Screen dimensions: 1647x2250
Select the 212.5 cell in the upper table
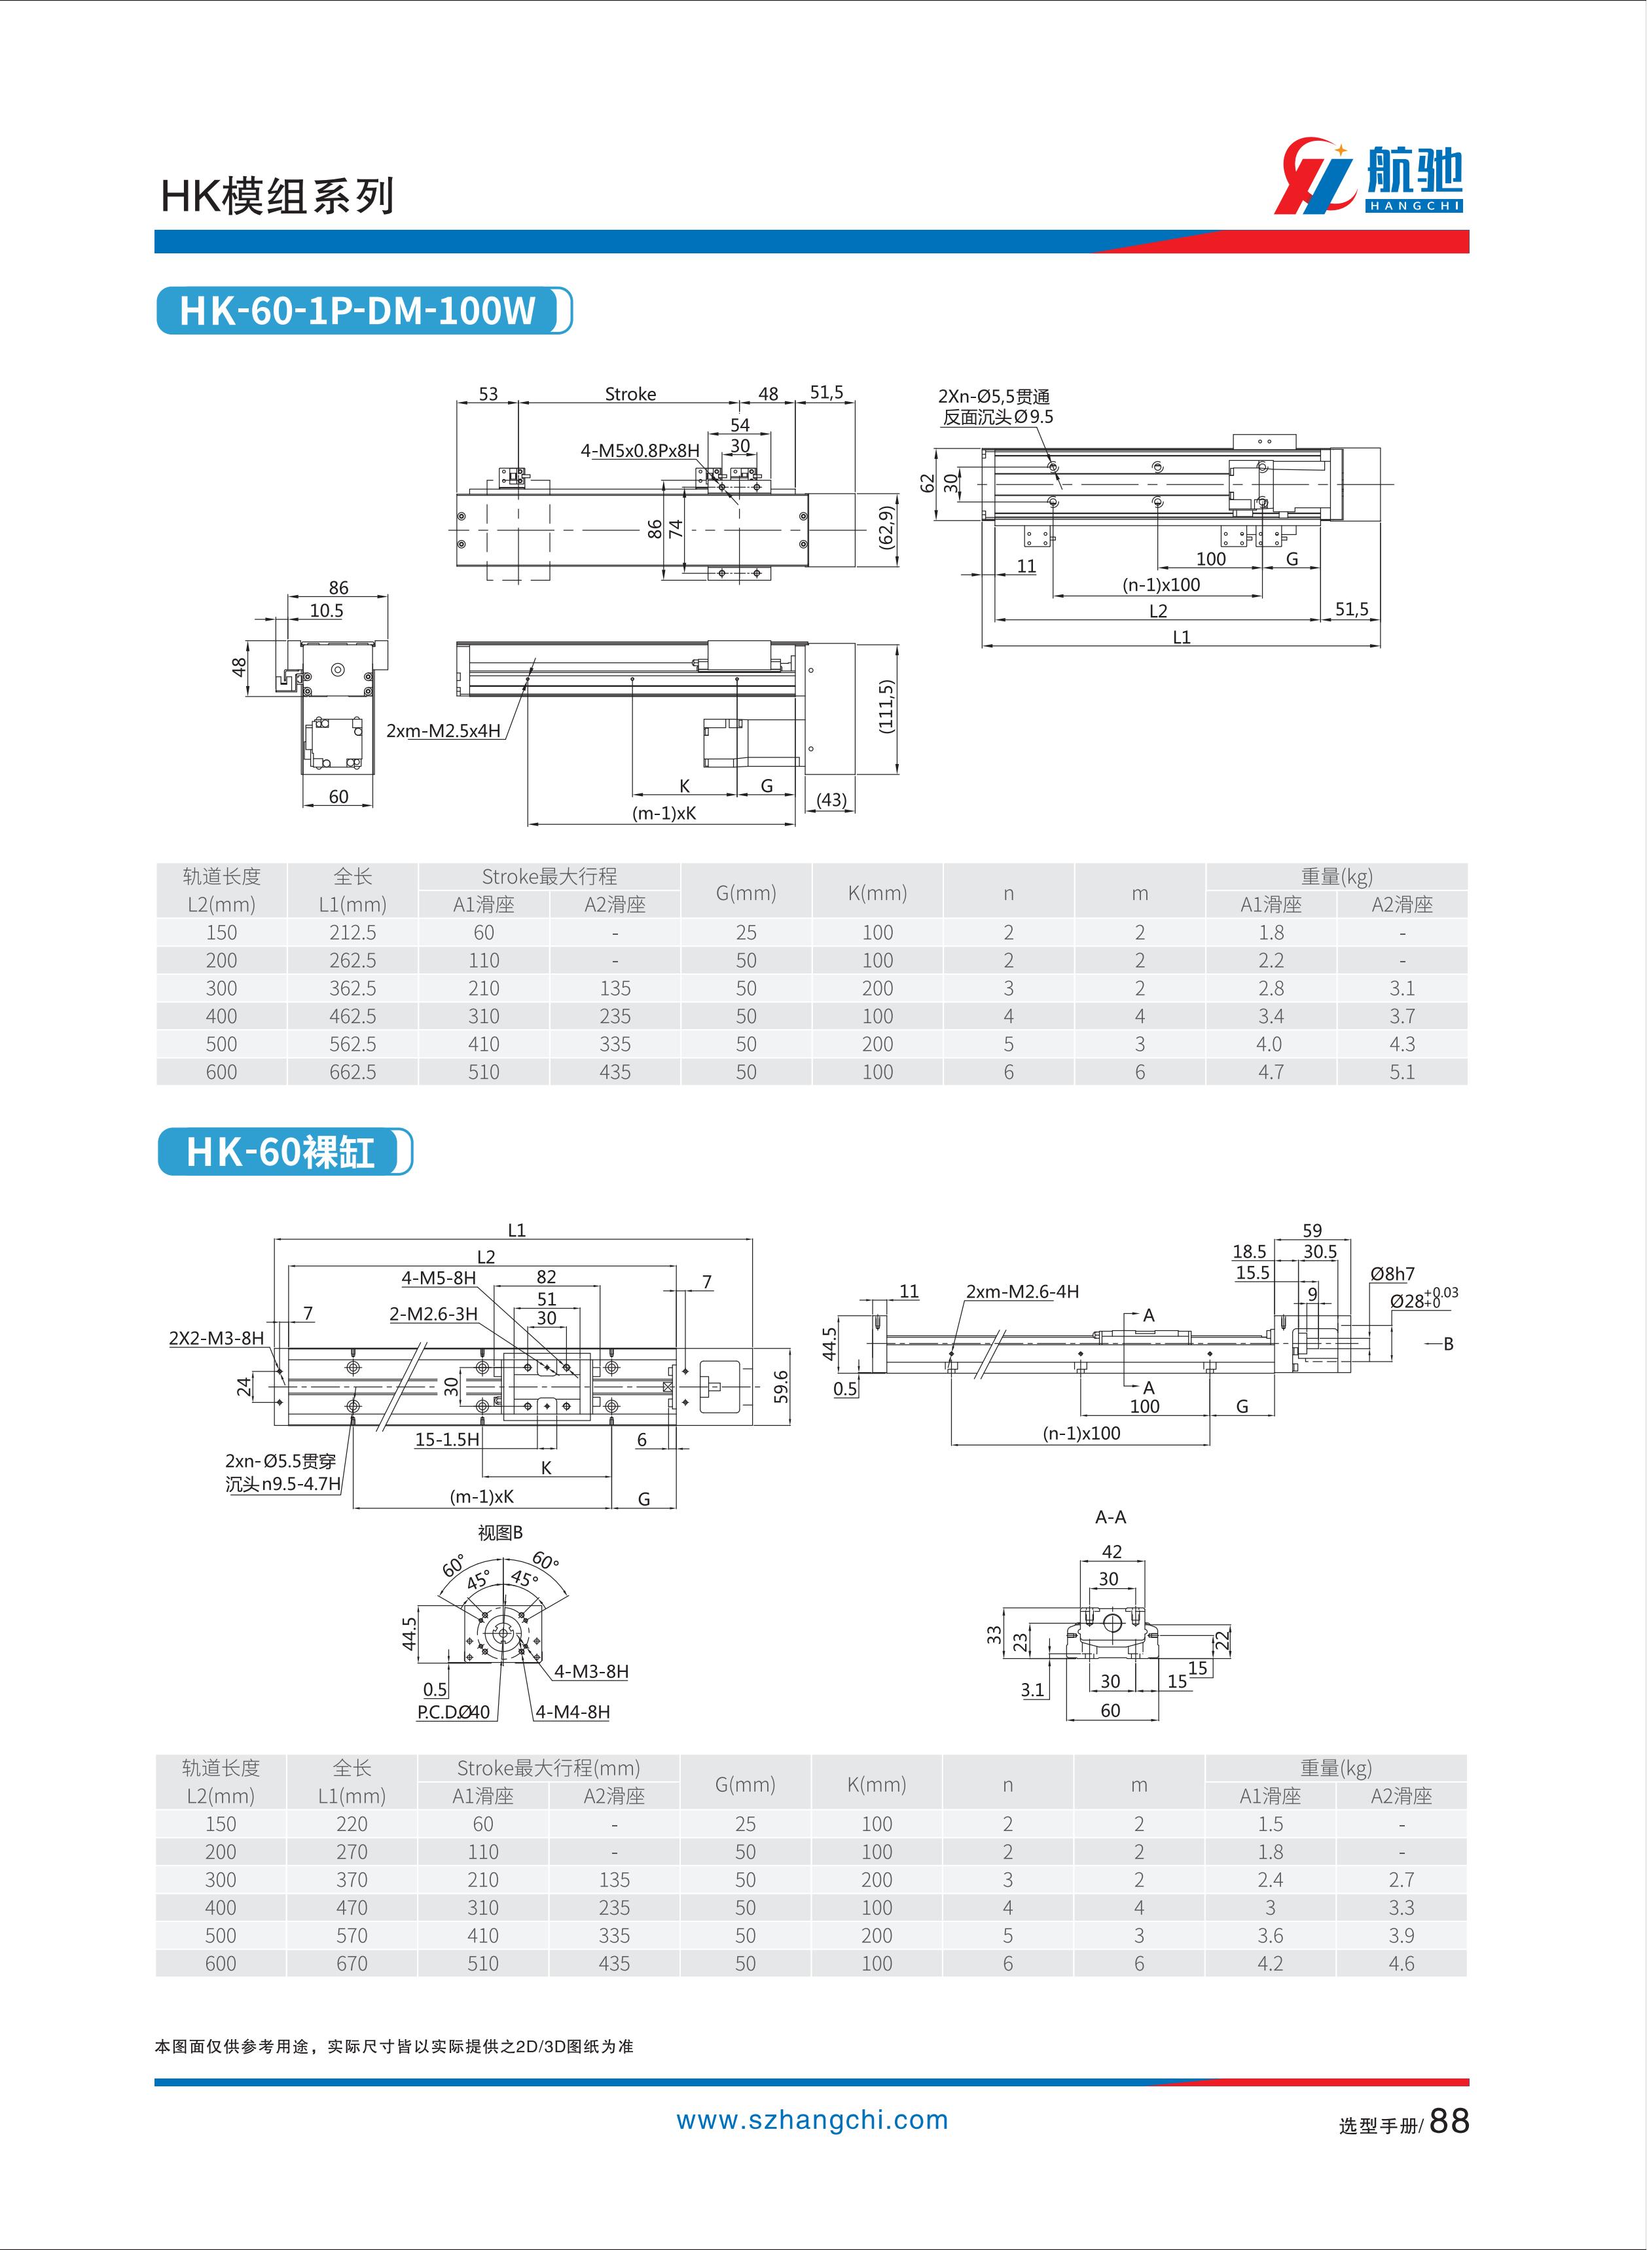(x=353, y=932)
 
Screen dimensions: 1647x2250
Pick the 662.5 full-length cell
(x=353, y=1072)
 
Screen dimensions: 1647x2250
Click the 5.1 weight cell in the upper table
(x=1402, y=1072)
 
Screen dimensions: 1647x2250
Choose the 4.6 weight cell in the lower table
(x=1401, y=1963)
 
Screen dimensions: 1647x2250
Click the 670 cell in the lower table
(x=352, y=1963)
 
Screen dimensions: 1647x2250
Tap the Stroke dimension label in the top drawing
(x=630, y=394)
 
